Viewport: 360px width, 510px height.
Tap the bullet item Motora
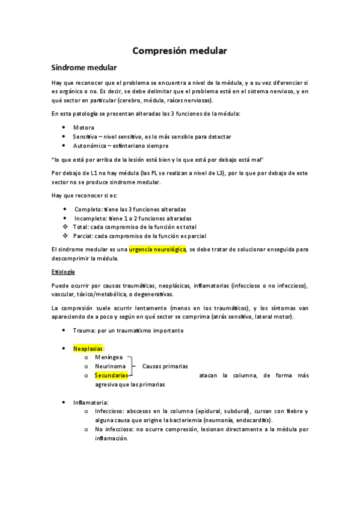pyautogui.click(x=84, y=128)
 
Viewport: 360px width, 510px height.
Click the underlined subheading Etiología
pyautogui.click(x=63, y=272)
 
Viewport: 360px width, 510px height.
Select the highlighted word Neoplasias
pyautogui.click(x=88, y=348)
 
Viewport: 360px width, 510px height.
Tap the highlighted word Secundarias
pyautogui.click(x=111, y=375)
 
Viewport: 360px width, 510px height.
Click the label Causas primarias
pyautogui.click(x=165, y=366)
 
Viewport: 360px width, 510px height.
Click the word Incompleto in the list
pyautogui.click(x=91, y=218)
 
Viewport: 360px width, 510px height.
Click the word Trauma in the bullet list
pyautogui.click(x=82, y=331)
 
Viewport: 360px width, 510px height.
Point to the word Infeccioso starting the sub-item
pyautogui.click(x=110, y=411)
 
